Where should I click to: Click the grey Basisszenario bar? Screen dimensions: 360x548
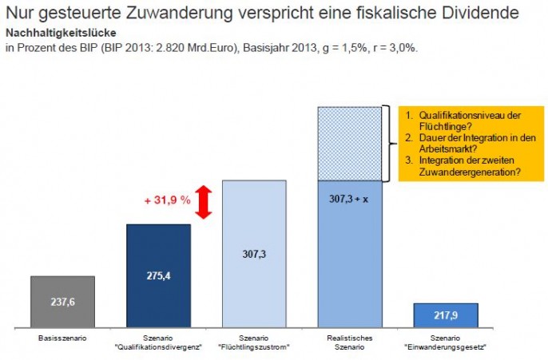[62, 302]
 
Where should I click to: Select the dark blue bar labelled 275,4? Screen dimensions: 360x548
[158, 275]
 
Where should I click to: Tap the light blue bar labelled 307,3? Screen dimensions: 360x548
[254, 254]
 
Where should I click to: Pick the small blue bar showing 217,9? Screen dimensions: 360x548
[446, 315]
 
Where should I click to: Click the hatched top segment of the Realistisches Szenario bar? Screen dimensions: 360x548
[349, 144]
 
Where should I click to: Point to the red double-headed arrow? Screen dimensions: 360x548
[203, 202]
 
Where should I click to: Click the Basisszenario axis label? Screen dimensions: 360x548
[62, 339]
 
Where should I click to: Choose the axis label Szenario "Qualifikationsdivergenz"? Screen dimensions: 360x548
[158, 343]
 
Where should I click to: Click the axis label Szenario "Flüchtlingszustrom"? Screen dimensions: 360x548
[254, 343]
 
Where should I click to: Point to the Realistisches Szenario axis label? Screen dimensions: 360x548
[349, 343]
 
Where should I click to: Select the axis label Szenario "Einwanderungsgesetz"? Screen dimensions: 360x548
[446, 343]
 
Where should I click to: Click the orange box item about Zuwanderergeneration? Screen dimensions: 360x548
[470, 164]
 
